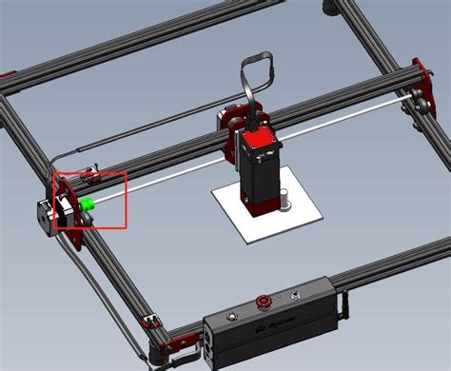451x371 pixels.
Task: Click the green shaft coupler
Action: (88, 204)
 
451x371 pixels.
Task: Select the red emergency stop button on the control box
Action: (264, 303)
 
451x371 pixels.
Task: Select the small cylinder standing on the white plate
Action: (283, 202)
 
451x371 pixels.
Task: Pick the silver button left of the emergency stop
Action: (231, 315)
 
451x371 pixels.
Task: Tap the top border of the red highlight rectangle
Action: (90, 173)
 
